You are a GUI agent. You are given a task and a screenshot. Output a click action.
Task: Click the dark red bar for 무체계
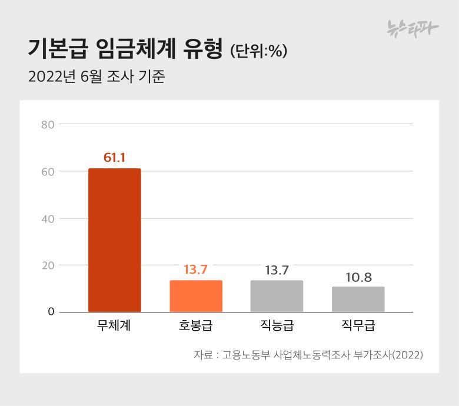[115, 240]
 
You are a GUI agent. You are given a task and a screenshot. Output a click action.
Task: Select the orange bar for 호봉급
[196, 296]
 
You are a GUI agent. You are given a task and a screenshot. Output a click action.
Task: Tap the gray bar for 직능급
[277, 296]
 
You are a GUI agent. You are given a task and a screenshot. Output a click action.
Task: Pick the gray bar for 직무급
[358, 299]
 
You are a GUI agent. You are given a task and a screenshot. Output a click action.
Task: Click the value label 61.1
[115, 158]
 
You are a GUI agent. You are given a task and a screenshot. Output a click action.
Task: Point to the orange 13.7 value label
[196, 270]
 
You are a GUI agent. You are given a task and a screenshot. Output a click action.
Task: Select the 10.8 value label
[358, 277]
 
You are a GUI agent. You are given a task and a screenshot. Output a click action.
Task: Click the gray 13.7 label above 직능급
[277, 270]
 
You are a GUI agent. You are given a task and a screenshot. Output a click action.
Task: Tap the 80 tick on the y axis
[48, 124]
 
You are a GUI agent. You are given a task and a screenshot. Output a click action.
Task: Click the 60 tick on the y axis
[48, 171]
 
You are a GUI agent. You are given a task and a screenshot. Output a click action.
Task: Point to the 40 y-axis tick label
[48, 218]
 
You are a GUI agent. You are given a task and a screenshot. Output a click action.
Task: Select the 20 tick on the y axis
[48, 265]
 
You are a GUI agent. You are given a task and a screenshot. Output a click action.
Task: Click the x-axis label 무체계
[114, 326]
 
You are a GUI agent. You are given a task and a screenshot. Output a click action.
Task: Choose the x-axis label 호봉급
[196, 326]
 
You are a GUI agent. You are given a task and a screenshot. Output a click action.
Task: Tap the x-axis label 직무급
[358, 326]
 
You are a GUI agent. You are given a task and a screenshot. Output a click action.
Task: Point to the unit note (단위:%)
[258, 51]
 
